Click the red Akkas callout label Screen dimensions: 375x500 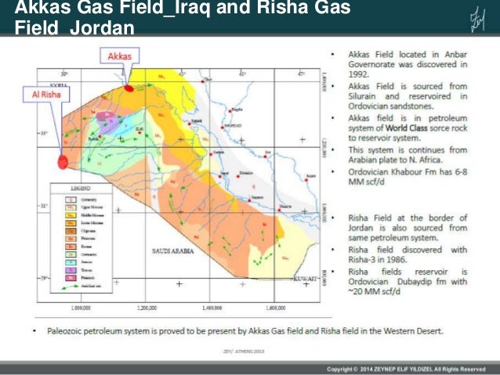pyautogui.click(x=120, y=56)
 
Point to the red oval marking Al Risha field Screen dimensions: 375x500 pyautogui.click(x=62, y=161)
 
